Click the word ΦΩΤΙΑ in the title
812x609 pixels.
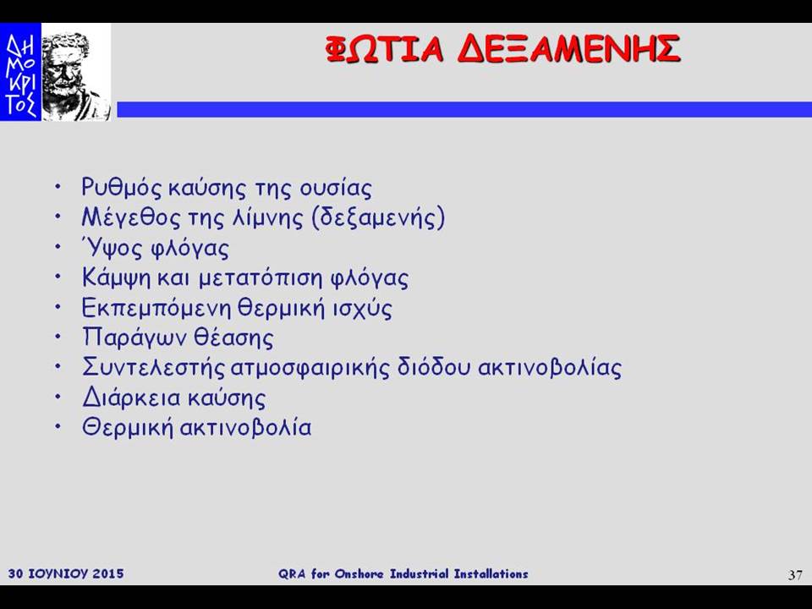point(385,49)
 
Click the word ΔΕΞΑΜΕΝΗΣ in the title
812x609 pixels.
point(568,49)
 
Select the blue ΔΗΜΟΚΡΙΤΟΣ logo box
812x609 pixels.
point(20,72)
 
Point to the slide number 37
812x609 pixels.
point(795,575)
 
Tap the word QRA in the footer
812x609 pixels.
point(293,573)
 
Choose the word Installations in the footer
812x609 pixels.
point(491,573)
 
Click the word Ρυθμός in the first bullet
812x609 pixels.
point(122,188)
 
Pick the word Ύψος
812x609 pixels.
point(112,248)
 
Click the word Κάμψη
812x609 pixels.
point(117,278)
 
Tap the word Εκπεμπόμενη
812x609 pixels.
point(156,309)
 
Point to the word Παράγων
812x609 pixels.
point(134,338)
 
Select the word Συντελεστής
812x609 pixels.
point(154,368)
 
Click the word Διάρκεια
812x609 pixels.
point(132,398)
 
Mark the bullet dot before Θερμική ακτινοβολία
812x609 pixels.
point(59,426)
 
